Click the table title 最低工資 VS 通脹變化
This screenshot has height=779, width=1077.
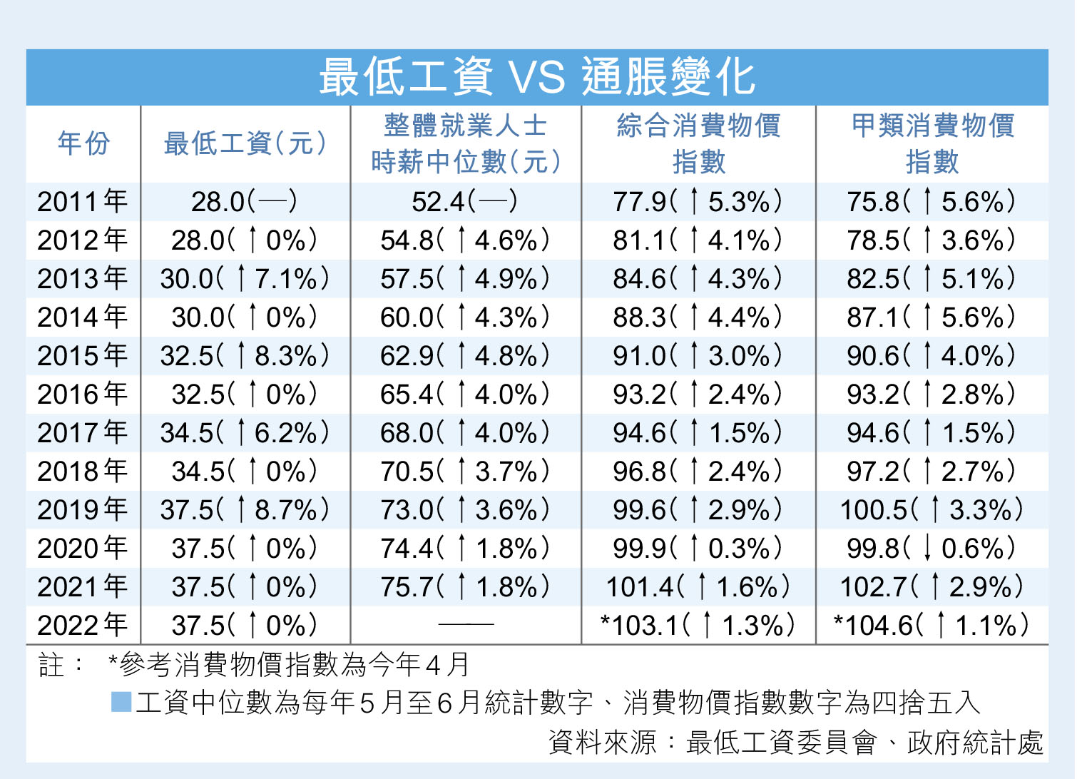click(536, 77)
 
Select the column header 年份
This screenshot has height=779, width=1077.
click(83, 143)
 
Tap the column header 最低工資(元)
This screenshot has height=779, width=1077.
click(245, 143)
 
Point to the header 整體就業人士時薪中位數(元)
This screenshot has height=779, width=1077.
click(466, 144)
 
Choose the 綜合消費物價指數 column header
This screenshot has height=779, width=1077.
click(698, 144)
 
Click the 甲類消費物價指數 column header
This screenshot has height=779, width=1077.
click(932, 144)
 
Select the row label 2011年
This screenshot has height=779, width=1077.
click(83, 202)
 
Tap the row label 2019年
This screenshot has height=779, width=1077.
click(83, 510)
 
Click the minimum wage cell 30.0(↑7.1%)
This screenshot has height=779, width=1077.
click(245, 279)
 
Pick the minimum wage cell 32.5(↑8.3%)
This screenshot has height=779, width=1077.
click(245, 356)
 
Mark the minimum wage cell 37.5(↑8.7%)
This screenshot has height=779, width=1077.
click(245, 510)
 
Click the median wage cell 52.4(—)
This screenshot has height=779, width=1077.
click(465, 202)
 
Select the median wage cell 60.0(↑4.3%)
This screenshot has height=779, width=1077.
click(465, 317)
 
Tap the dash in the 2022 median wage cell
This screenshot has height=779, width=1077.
click(466, 625)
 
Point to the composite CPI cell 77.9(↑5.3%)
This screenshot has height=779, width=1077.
click(698, 202)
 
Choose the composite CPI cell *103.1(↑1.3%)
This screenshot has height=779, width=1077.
click(698, 626)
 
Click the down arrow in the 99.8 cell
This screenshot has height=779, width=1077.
click(927, 548)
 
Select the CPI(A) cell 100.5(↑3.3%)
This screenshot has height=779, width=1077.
click(931, 510)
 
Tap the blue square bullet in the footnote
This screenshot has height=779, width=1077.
click(121, 702)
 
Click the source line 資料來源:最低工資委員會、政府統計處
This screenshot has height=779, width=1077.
click(795, 743)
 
